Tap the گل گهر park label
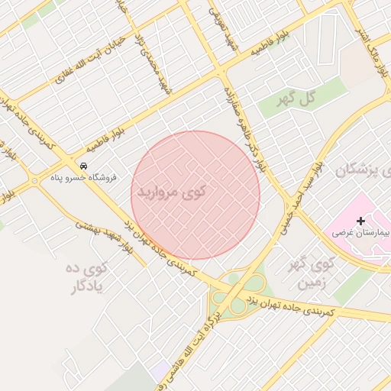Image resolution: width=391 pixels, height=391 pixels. click(298, 98)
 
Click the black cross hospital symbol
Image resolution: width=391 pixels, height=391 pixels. click(360, 221)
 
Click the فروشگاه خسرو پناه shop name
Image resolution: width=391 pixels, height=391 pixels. click(83, 177)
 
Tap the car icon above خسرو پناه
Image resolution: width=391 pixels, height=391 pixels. click(83, 166)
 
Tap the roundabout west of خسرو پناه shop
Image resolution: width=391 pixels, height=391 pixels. click(34, 181)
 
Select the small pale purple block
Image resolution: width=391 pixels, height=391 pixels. click(160, 372)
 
